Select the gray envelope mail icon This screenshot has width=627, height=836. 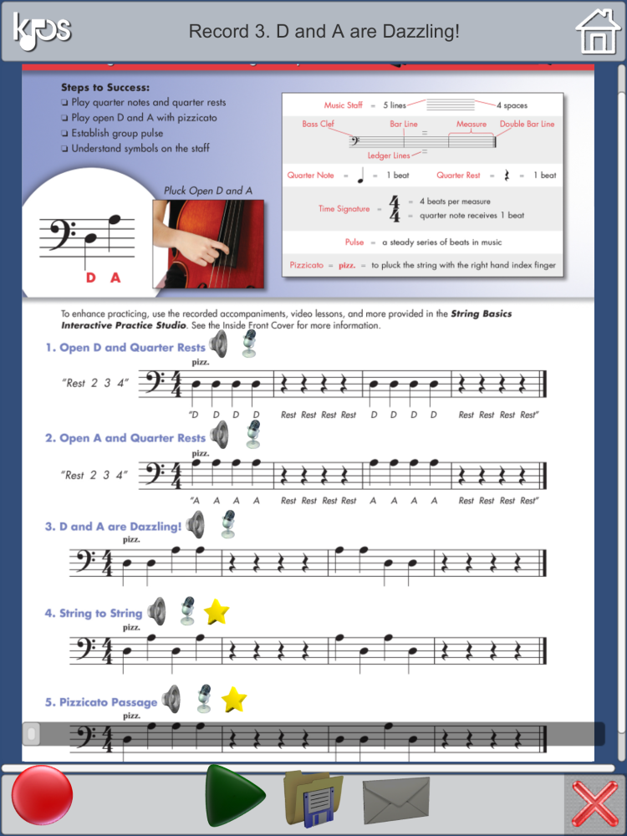coord(396,798)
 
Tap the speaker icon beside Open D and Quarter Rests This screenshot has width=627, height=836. coord(219,344)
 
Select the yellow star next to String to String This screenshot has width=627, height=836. coord(217,612)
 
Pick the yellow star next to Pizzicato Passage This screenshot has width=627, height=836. coord(233,698)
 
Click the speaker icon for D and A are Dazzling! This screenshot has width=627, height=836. coord(196,524)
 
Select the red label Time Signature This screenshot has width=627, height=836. coord(343,208)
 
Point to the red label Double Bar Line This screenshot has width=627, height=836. coord(527,124)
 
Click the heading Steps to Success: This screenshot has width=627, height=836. coord(105,87)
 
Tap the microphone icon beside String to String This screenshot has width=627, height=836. coord(188,611)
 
